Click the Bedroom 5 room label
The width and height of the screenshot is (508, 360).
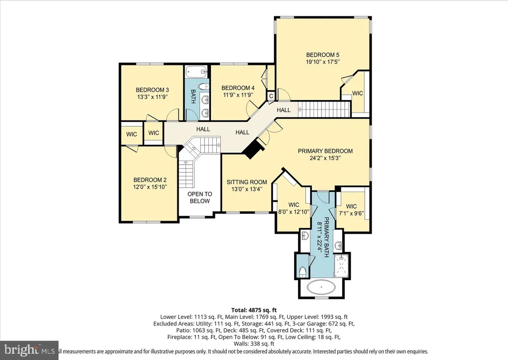[322, 55]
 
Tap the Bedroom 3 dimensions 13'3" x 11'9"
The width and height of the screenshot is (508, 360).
[152, 97]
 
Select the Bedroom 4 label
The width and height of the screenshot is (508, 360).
[238, 88]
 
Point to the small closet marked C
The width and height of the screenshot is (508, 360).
[270, 97]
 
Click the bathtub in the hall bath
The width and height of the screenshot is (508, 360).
[196, 71]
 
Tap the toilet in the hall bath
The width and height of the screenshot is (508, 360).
[202, 86]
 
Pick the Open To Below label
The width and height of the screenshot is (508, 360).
[200, 197]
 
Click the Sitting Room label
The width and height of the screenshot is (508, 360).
[247, 182]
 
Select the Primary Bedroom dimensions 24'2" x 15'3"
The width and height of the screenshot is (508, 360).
[325, 158]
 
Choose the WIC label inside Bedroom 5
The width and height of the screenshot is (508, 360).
[357, 94]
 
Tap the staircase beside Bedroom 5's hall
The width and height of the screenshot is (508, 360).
[324, 110]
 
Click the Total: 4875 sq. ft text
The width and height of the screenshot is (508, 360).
[254, 310]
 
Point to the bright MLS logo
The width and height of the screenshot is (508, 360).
[29, 350]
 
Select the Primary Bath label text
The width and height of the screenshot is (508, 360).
[326, 233]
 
